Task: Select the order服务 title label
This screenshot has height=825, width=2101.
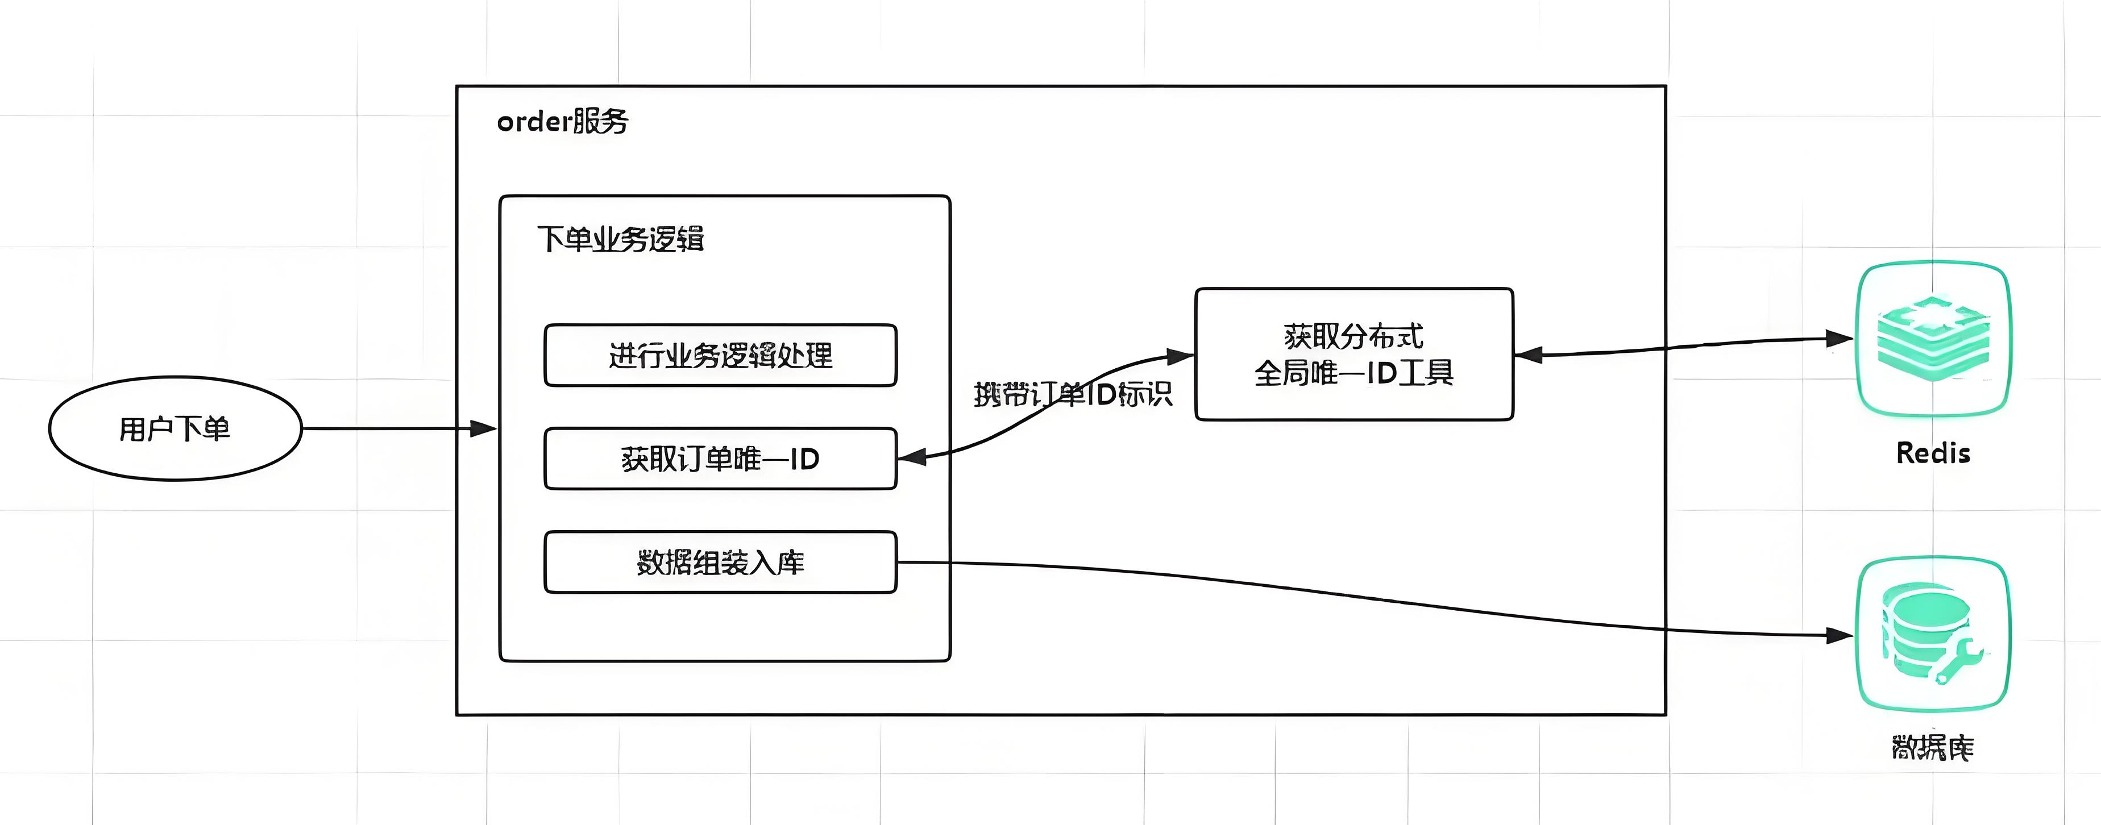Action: pos(562,122)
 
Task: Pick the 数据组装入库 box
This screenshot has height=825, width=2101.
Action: pos(720,562)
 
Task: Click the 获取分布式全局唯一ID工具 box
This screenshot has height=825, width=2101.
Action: pos(1354,355)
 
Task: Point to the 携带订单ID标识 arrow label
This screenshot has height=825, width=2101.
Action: pos(1073,394)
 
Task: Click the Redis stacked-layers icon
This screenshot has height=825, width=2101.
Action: pos(1932,338)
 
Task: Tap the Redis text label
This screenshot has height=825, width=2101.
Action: pos(1933,453)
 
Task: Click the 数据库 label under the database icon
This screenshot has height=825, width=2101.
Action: pos(1932,748)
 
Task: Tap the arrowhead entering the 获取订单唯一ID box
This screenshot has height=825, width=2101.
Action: pos(911,457)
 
